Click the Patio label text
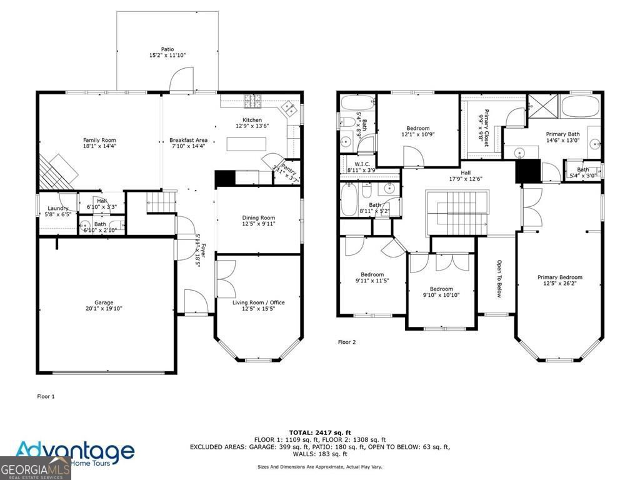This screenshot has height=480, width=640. pos(167,49)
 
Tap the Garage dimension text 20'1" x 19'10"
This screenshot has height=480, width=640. pos(100,309)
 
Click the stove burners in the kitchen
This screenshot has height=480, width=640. pos(252,99)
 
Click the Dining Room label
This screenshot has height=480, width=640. pos(259,217)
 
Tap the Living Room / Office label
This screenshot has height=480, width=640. pos(259,302)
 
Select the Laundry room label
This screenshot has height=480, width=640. pos(58,209)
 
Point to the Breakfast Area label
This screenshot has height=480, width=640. pos(188,140)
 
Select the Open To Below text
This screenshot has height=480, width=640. pos(499,279)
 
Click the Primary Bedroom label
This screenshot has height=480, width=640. pos(559,277)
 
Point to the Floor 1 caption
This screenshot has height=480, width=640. pos(46,396)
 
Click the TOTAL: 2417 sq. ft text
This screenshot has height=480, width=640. pos(320,432)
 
